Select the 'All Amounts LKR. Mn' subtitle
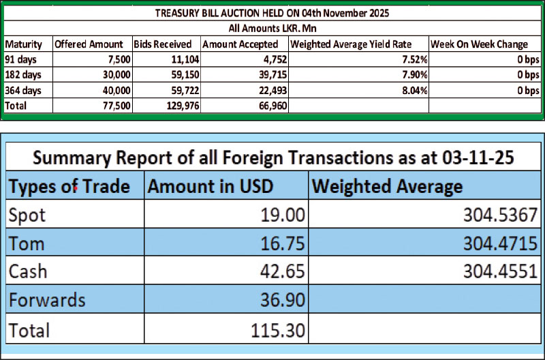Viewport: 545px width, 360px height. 273,29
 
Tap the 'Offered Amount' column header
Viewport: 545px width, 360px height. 89,44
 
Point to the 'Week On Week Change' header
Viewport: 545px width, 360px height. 480,44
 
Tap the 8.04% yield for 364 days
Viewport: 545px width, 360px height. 409,90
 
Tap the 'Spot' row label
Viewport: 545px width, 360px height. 27,216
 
